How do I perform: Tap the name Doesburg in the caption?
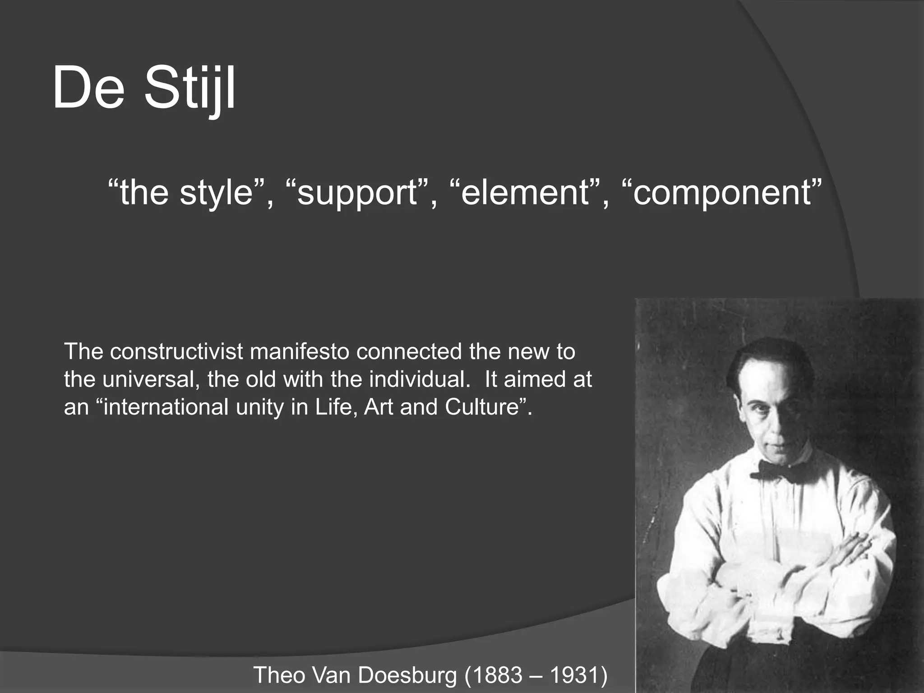click(406, 675)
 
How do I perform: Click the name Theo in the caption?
click(279, 675)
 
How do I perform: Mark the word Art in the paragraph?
click(379, 407)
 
